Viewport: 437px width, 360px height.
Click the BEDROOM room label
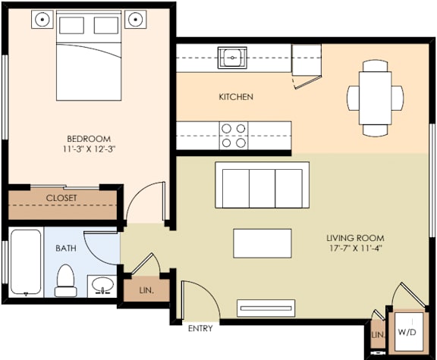coord(89,139)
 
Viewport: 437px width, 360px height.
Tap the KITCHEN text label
coord(235,97)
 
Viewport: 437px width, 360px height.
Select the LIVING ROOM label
coord(356,237)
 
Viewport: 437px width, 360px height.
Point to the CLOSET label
coord(61,198)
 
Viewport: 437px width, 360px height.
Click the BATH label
coord(66,248)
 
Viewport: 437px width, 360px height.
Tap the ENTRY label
coord(200,329)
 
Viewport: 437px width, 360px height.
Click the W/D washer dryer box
coord(407,331)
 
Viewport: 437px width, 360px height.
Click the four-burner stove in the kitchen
coord(233,135)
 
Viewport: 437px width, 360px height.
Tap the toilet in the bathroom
coord(66,279)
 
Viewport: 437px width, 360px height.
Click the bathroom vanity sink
coord(101,285)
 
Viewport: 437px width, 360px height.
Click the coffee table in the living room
coord(263,243)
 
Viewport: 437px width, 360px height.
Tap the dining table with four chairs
coord(375,97)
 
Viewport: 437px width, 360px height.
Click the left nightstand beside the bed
coord(44,19)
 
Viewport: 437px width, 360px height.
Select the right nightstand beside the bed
coord(136,19)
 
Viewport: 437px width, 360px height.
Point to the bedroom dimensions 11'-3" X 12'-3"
coord(89,150)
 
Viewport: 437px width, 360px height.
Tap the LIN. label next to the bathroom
coord(146,290)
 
